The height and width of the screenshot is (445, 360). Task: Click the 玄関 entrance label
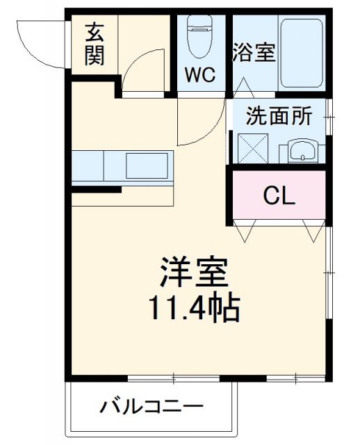[95, 44]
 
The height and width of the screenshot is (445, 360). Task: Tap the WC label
[199, 74]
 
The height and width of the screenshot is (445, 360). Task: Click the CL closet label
[279, 196]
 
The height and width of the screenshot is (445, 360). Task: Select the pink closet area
[279, 209]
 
